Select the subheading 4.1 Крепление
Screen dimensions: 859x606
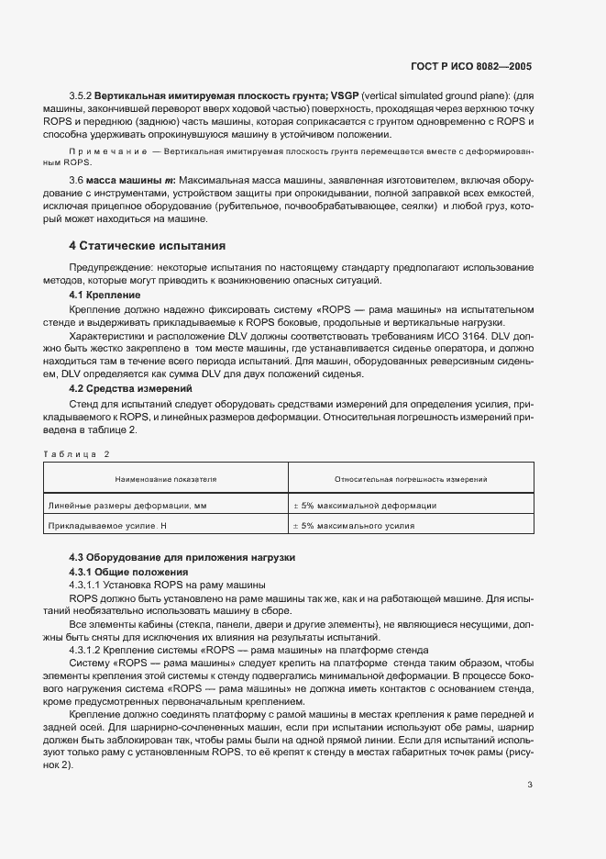click(x=105, y=296)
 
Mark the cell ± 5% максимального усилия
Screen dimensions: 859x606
click(x=353, y=527)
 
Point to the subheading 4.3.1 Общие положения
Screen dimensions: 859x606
click(x=125, y=572)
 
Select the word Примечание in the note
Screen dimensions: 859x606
click(x=107, y=149)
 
